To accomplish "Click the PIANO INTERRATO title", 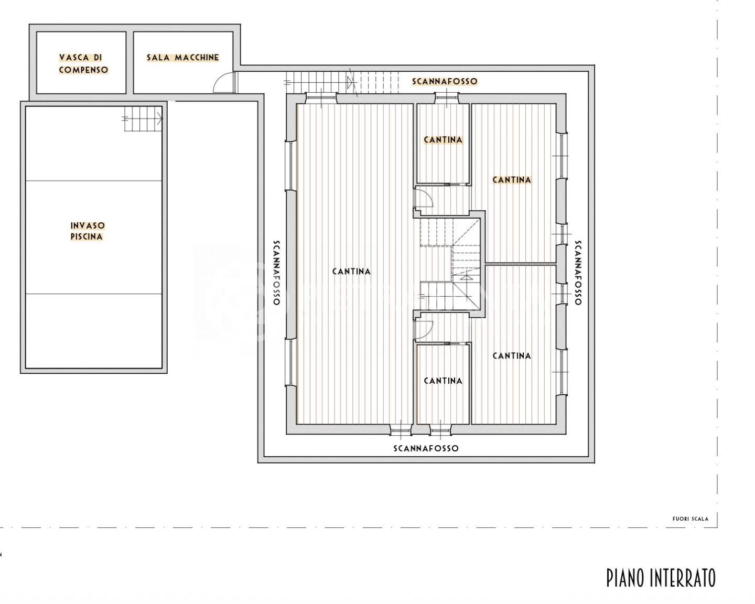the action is click(x=661, y=578).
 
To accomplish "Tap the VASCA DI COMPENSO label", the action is click(x=83, y=63).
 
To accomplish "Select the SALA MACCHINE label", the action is click(x=183, y=58).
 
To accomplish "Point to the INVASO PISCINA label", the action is click(x=87, y=231).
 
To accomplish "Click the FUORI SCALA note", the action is click(x=690, y=519).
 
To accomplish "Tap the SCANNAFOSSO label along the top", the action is click(x=445, y=81).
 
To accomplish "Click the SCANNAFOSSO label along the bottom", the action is click(x=426, y=448).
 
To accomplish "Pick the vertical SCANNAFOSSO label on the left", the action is click(x=276, y=272).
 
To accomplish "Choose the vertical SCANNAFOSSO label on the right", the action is click(x=578, y=272).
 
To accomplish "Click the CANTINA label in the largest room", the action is click(x=351, y=271).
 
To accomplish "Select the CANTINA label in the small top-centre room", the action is click(x=443, y=139).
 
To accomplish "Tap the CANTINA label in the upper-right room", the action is click(x=512, y=180).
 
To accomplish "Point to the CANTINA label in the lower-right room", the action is click(x=512, y=356).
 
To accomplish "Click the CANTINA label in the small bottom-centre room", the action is click(x=443, y=381).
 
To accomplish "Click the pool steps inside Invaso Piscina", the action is click(x=143, y=119).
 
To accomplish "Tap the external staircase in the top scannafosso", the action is click(x=342, y=83).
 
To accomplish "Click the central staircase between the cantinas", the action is click(x=450, y=264).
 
